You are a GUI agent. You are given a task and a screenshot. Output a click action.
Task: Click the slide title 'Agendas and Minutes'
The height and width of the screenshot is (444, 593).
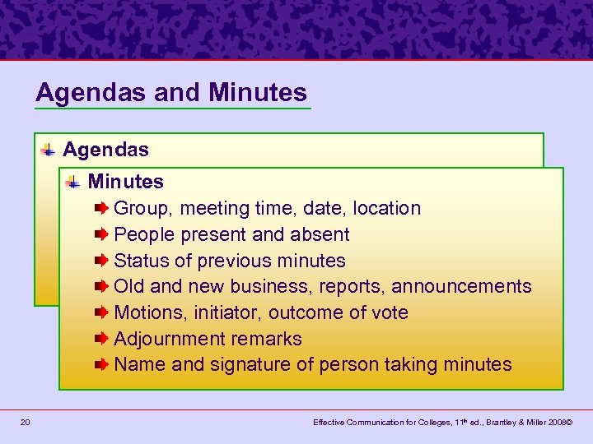pyautogui.click(x=171, y=93)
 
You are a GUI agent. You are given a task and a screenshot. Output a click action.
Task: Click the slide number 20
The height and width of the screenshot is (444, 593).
pyautogui.click(x=26, y=423)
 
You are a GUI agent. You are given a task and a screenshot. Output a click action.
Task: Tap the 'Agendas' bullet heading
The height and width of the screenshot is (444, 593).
pyautogui.click(x=105, y=150)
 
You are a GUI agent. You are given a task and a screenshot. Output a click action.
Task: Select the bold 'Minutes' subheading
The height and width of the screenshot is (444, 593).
pyautogui.click(x=125, y=182)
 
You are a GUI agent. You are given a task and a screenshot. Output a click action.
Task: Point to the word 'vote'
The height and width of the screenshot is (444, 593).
pyautogui.click(x=389, y=313)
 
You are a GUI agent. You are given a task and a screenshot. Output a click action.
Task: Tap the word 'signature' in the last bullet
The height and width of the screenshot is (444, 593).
pyautogui.click(x=247, y=365)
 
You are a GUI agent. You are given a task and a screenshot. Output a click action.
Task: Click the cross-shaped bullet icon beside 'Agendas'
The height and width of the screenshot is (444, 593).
pyautogui.click(x=49, y=150)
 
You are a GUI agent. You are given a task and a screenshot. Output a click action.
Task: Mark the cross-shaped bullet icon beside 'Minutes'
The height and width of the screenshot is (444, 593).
pyautogui.click(x=75, y=181)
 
